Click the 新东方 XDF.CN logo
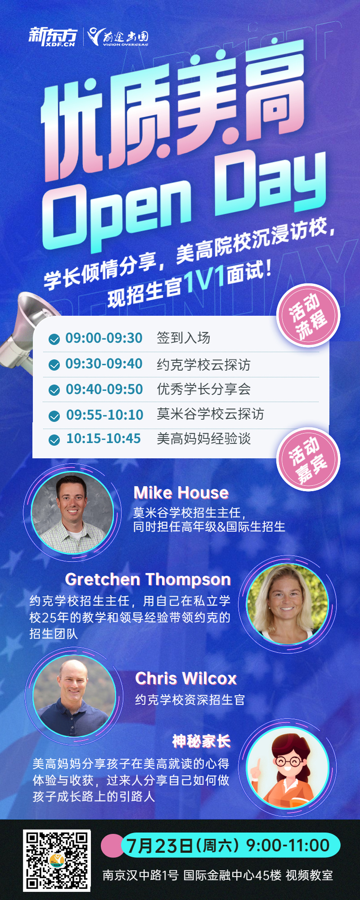tap(53, 36)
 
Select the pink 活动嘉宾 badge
tap(308, 459)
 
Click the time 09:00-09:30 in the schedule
tap(104, 338)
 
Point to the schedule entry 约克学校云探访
tap(203, 364)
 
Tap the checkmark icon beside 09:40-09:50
tap(54, 390)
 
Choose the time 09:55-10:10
tap(105, 415)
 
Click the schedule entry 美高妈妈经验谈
tap(203, 439)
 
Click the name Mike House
tap(181, 493)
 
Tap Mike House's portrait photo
tap(72, 513)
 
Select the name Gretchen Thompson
tap(148, 579)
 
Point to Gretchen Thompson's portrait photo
tap(288, 604)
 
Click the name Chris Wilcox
tap(186, 678)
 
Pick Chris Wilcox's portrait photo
tap(74, 695)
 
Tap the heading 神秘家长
tap(201, 741)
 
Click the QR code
tap(57, 861)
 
